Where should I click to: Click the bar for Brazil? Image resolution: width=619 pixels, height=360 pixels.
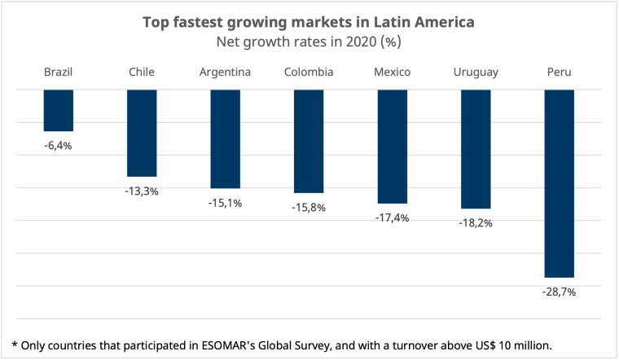click(59, 110)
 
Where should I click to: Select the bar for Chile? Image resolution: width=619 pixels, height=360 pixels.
click(142, 133)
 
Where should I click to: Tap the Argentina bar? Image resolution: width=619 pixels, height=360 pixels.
click(225, 138)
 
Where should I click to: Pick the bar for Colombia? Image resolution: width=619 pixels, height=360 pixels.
click(309, 141)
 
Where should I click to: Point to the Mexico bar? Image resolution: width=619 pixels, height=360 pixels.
click(392, 146)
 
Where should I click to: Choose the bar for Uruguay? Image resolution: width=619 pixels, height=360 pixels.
click(476, 148)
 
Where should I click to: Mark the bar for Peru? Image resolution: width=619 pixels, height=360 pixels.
click(559, 183)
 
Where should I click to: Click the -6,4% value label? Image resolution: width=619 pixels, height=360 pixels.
click(59, 146)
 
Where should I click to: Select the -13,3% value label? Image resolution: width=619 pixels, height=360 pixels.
click(142, 191)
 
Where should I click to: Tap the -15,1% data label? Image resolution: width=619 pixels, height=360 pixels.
click(225, 203)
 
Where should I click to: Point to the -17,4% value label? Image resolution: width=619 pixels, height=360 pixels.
click(392, 217)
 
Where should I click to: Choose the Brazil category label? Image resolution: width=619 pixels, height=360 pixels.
click(59, 72)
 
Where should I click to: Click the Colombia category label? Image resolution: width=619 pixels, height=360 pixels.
click(309, 72)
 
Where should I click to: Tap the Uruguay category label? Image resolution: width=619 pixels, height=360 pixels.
click(476, 72)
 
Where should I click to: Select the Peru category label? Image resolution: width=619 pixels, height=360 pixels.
click(559, 72)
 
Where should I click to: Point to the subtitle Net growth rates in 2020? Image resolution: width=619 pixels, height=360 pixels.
click(309, 41)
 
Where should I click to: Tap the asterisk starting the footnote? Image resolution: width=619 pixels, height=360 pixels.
click(15, 343)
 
